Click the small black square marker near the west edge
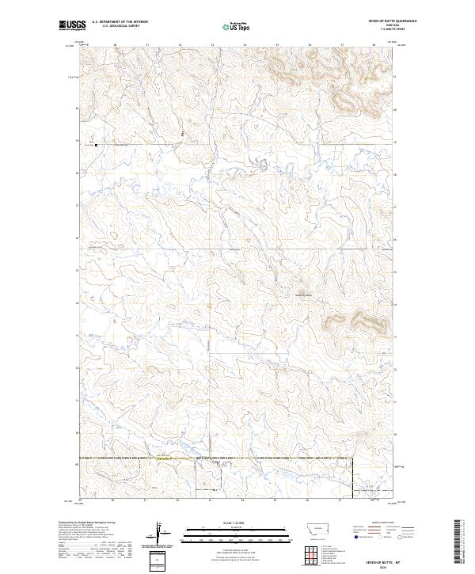tap(97, 145)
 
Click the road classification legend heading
tap(376, 523)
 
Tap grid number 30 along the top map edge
tap(114, 44)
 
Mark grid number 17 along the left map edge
tap(76, 205)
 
